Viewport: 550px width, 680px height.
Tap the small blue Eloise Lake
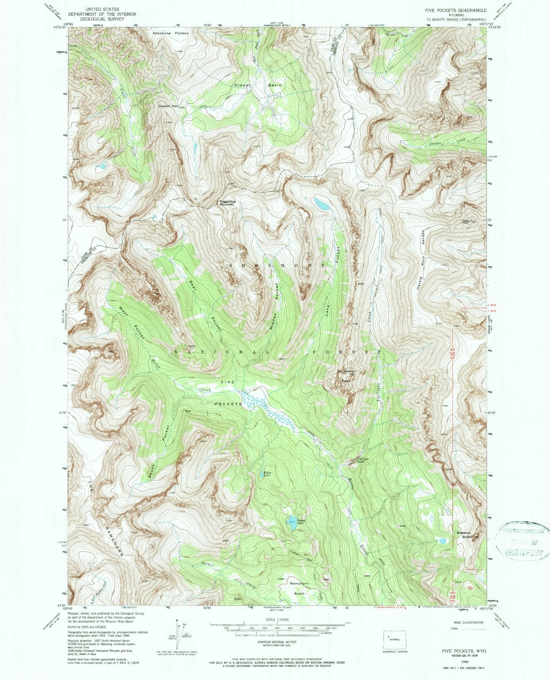tap(267, 474)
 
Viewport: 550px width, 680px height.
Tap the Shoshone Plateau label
tap(171, 33)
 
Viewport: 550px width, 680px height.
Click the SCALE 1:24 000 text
tap(277, 619)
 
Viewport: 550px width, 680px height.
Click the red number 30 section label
tap(470, 588)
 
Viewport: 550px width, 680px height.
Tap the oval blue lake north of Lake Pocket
tap(322, 204)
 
